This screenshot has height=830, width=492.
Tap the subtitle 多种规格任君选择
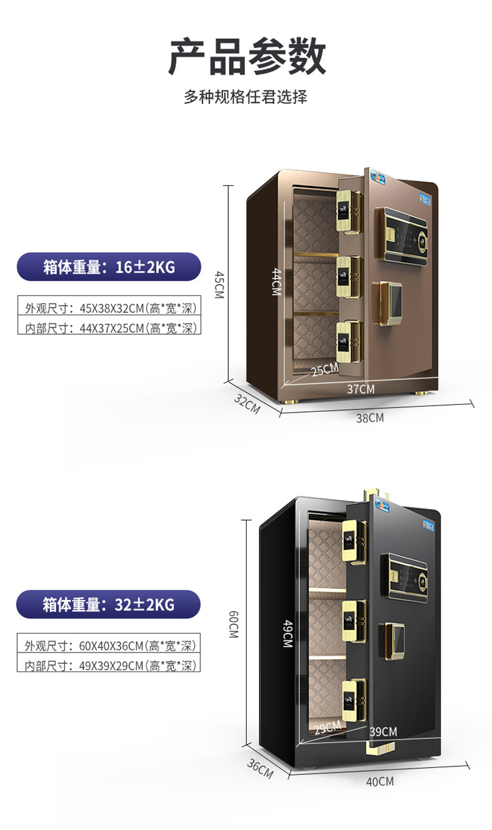(245, 97)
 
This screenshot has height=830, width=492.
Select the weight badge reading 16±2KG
(109, 267)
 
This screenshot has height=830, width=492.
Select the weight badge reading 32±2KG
(108, 605)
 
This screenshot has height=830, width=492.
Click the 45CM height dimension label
(220, 284)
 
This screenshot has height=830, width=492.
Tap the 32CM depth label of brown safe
(247, 404)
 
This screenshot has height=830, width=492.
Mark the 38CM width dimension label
(370, 418)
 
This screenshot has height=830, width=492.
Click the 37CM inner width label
(361, 389)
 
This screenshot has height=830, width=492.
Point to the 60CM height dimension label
(234, 624)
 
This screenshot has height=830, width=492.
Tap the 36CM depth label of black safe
(260, 769)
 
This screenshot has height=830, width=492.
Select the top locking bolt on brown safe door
(349, 212)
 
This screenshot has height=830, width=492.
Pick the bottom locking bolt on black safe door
(354, 700)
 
